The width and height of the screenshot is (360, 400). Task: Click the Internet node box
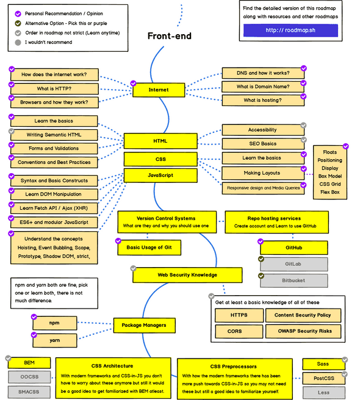coord(159,90)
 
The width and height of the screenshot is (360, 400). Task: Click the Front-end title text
coord(169,36)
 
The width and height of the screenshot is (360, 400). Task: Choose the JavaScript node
coord(160,175)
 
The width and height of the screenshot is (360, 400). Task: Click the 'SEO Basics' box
coord(262,144)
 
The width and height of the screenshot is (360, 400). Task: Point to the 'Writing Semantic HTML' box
coord(54,135)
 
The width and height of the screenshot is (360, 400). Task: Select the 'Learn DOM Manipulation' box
coord(54,194)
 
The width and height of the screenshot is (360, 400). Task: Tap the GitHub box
coord(293,248)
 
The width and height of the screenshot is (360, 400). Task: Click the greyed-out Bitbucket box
coord(293,280)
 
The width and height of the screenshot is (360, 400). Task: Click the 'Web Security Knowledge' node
coord(187,275)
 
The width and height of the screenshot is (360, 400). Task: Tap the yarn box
coord(54,340)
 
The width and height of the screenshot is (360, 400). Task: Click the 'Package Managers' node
coord(144,325)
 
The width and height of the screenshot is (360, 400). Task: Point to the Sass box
coord(323,364)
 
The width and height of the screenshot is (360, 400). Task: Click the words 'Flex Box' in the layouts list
coord(329,191)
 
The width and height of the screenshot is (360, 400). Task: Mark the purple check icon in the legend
coord(18,13)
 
